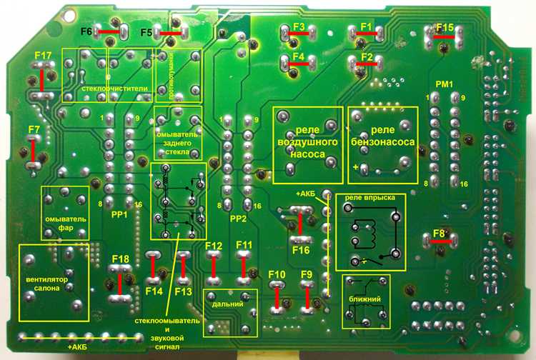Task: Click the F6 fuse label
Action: (86, 32)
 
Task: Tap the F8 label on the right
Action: (439, 234)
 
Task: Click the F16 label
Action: (301, 251)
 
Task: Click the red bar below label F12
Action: (214, 266)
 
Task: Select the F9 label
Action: (307, 274)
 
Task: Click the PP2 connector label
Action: (238, 219)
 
